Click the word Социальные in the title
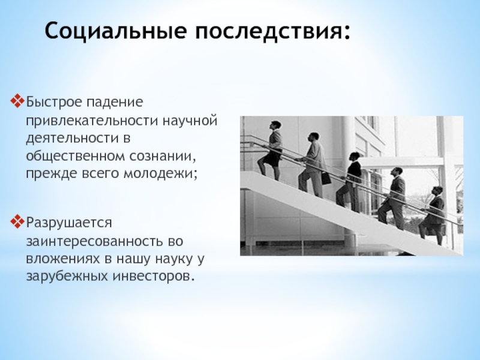(115, 31)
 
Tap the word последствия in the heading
(269, 31)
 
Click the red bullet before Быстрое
(17, 101)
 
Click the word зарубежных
(67, 277)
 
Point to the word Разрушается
(69, 223)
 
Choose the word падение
(114, 103)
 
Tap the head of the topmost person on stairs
(276, 125)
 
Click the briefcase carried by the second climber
(326, 178)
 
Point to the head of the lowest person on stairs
(438, 191)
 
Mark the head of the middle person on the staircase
(355, 157)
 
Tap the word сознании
(162, 157)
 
